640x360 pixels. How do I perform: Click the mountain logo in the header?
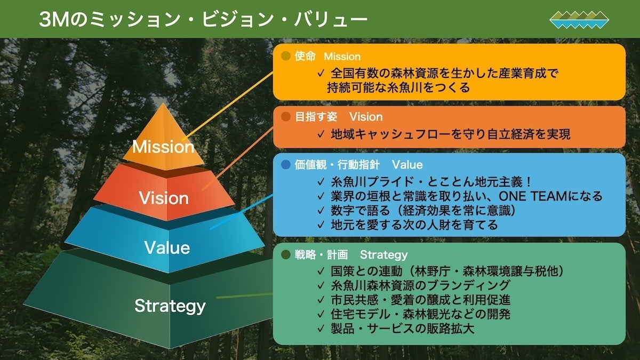579,20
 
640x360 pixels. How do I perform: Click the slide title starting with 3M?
203,20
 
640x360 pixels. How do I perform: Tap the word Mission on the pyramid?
163,147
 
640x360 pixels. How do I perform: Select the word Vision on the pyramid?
164,198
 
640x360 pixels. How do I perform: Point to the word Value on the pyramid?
167,248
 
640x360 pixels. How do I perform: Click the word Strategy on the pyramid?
170,306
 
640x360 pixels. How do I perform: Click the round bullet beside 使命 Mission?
285,56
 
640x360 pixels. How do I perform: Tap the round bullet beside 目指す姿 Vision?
285,116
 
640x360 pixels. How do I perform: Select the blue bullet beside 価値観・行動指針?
285,164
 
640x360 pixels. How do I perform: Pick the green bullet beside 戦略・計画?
285,254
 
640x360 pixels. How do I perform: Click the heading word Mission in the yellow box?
342,57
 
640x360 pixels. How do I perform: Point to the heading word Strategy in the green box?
383,255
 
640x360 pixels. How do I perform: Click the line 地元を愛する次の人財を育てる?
414,225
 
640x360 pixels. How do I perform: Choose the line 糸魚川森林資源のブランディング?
420,285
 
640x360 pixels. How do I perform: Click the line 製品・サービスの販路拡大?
402,328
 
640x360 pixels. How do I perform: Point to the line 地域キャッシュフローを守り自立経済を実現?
450,134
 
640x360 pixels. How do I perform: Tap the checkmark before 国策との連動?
320,271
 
